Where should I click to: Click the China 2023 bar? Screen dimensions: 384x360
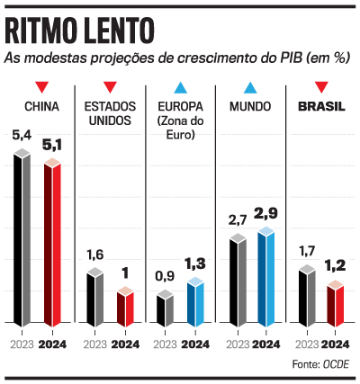(22, 238)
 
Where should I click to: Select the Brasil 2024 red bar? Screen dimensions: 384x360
(336, 304)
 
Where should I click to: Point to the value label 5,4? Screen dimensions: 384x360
(22, 136)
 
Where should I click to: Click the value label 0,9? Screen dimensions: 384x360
(164, 275)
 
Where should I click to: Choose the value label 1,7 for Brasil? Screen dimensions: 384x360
(306, 250)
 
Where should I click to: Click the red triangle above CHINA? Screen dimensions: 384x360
(40, 88)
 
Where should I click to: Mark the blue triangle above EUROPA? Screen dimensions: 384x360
(180, 88)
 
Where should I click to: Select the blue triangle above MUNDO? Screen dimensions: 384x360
(251, 88)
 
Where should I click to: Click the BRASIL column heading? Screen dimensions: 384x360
(321, 107)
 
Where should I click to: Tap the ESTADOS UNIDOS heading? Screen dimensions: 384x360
(109, 113)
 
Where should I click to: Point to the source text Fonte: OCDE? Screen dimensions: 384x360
(320, 363)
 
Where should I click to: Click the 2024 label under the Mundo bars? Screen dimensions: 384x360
(267, 344)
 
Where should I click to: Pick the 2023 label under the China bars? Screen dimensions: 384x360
(22, 344)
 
